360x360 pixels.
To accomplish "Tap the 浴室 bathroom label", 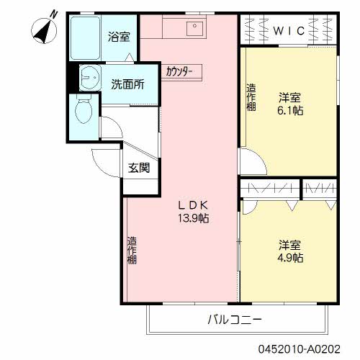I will tap(119, 36).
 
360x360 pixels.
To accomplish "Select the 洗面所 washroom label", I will tap(127, 83).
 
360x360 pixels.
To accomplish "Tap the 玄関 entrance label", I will tap(139, 168).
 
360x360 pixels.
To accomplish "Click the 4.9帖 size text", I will tap(290, 257).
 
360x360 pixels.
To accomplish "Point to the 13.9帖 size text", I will tap(194, 218).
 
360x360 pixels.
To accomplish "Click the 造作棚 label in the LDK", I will tap(132, 250).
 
